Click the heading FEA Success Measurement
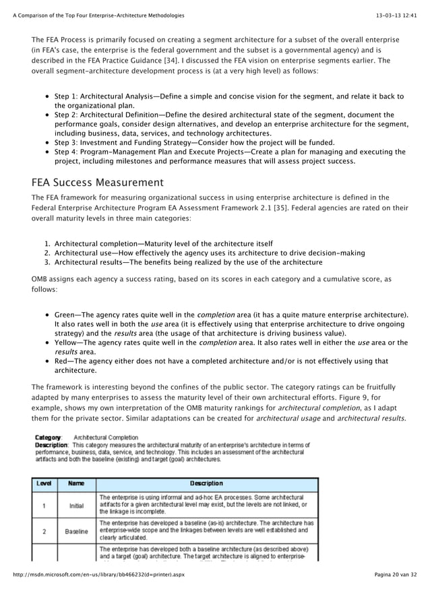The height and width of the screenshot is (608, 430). tap(98, 183)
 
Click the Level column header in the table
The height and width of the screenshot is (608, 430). tap(44, 483)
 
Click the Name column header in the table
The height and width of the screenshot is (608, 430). tap(76, 483)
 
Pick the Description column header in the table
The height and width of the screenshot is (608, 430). tap(206, 483)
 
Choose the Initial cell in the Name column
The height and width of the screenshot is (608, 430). tap(76, 505)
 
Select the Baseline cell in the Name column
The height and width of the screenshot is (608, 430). tap(76, 531)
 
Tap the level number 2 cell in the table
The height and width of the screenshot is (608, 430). tap(44, 531)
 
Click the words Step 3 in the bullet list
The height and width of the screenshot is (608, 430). tap(67, 143)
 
